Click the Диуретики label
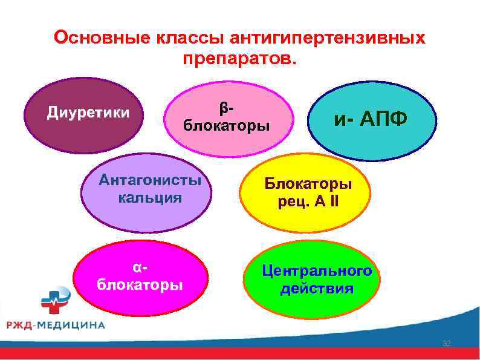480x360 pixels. point(88,113)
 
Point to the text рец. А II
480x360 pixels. point(308,201)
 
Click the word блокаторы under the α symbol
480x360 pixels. point(140,284)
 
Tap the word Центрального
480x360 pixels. point(317,270)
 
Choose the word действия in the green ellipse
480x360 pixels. point(317,288)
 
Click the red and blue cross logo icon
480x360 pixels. point(55,301)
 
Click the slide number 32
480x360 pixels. point(447,344)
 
